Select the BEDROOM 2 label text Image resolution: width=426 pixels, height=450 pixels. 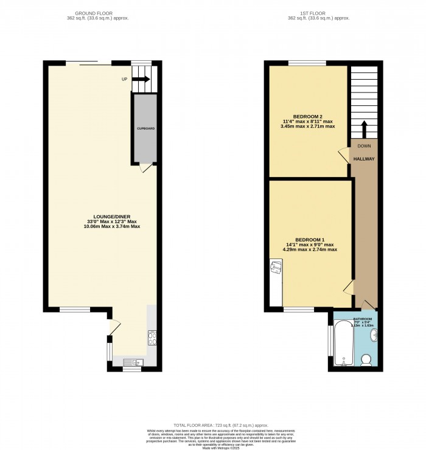[x=307, y=116]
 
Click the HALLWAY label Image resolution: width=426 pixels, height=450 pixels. [x=364, y=159]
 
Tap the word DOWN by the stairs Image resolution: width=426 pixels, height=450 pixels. [x=364, y=146]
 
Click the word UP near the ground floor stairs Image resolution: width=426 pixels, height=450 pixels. [x=125, y=79]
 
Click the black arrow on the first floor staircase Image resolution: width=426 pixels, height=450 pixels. [x=364, y=130]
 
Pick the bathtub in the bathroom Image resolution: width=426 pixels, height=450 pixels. [x=341, y=344]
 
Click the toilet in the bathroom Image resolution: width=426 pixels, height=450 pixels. [x=366, y=361]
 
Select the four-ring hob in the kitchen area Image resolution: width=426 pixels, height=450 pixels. [x=152, y=339]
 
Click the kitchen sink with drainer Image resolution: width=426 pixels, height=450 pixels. [x=130, y=362]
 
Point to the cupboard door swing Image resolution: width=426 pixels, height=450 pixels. [x=143, y=169]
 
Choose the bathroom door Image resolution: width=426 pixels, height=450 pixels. [x=366, y=305]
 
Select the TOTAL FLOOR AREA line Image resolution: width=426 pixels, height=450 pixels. [x=212, y=426]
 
